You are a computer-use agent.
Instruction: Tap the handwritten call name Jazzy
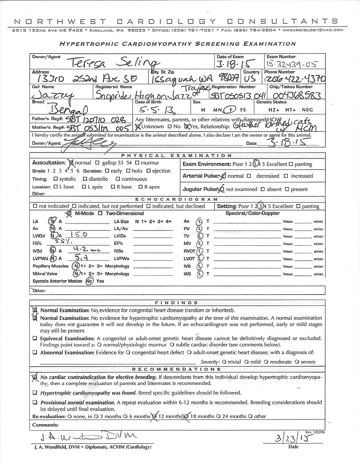[x=54, y=96]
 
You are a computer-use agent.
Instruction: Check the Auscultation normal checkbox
[x=71, y=163]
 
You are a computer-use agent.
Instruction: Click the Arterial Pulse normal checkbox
[x=223, y=176]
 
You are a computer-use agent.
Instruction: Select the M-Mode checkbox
[x=69, y=214]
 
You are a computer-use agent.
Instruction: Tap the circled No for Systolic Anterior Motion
[x=90, y=281]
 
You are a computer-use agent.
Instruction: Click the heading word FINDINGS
[x=177, y=303]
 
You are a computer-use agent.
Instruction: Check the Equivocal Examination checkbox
[x=35, y=339]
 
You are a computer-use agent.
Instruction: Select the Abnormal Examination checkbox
[x=35, y=353]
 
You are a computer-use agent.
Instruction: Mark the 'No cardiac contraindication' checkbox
[x=35, y=377]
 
